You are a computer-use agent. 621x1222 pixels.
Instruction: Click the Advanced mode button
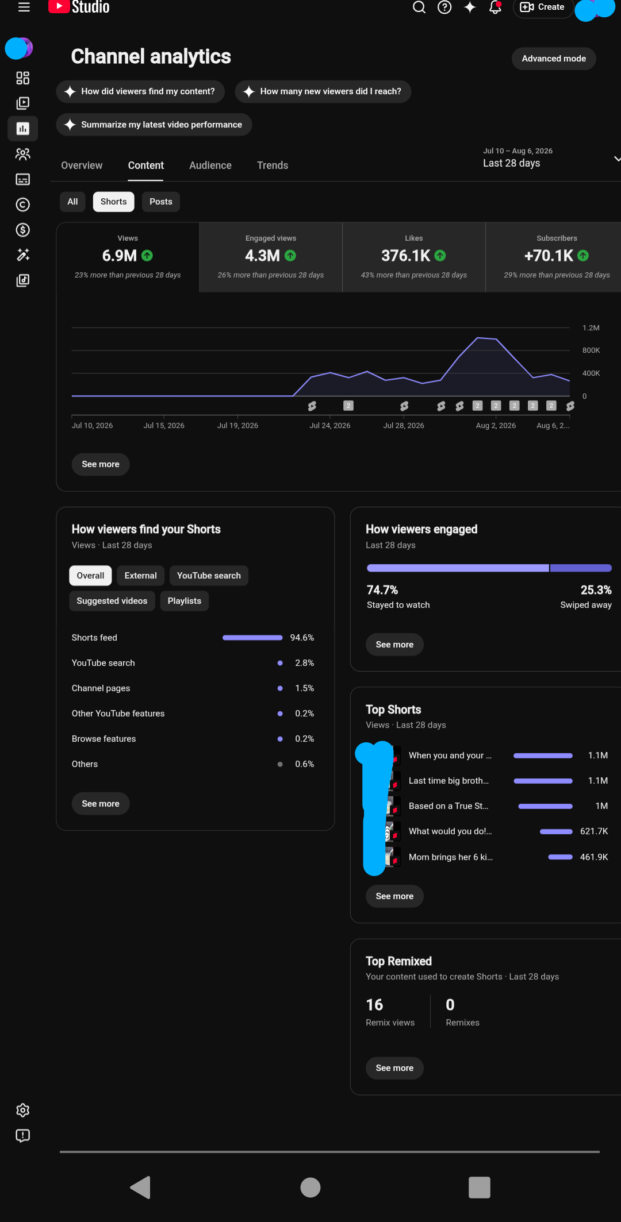554,59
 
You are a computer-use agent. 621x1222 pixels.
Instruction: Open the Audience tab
210,165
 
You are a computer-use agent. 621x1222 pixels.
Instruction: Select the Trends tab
273,165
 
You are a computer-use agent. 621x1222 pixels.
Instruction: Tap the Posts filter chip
161,202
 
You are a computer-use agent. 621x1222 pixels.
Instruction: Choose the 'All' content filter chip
72,202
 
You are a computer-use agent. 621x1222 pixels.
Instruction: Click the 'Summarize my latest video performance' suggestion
154,125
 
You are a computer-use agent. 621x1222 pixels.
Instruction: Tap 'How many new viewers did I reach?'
323,91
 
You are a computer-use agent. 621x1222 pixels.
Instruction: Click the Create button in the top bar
543,7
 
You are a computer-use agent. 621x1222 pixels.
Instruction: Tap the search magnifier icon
419,7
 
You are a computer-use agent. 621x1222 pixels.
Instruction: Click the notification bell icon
495,7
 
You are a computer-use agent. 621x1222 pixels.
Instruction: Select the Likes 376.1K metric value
406,256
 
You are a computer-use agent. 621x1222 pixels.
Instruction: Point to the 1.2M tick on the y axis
591,328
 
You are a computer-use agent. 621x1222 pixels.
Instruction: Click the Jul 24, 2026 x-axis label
330,426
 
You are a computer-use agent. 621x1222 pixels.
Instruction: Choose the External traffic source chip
141,576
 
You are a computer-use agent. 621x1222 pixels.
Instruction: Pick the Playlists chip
185,601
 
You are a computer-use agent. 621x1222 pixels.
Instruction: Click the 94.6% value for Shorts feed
302,638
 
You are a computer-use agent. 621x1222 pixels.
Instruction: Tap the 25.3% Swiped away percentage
596,590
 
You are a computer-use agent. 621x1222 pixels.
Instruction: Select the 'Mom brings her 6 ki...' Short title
451,857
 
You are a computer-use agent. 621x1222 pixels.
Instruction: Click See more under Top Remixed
394,1068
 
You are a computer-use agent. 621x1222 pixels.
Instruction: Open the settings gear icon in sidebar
23,1110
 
